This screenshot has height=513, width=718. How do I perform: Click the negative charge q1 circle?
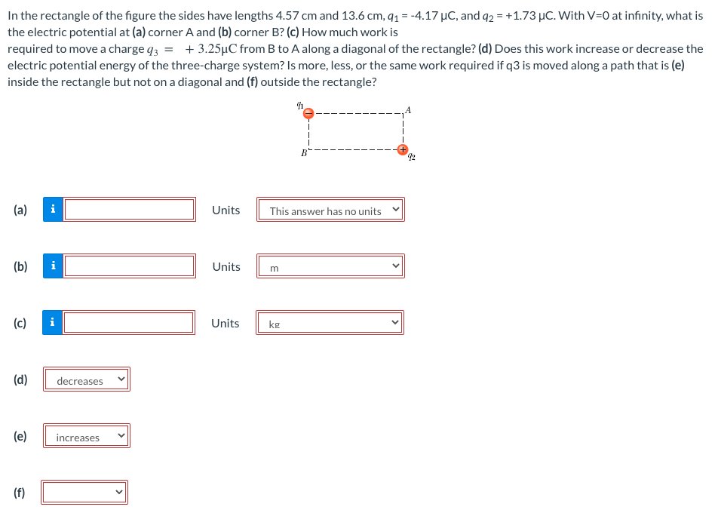[308, 113]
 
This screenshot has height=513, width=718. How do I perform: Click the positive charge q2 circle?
[403, 149]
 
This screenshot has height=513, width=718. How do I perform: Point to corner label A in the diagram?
[408, 110]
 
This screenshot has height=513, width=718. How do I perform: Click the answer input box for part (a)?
[130, 210]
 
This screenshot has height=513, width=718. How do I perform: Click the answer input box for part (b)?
[130, 266]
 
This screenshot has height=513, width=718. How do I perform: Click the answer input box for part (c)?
[129, 323]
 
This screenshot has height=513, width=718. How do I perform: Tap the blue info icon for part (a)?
[53, 210]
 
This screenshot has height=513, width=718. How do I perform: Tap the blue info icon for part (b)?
[53, 266]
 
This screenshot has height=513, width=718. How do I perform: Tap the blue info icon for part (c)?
[53, 323]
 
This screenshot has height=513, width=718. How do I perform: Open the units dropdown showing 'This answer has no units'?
[330, 210]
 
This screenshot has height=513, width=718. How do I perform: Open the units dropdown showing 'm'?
[330, 266]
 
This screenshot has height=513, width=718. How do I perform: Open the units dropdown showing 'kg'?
[330, 324]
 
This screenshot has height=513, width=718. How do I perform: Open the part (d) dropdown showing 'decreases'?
[86, 380]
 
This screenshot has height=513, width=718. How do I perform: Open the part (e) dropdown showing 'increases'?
[86, 437]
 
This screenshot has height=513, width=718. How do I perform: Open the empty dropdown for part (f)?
[84, 493]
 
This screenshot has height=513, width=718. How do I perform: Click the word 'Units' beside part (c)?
[226, 324]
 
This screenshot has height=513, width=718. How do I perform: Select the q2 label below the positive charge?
[412, 157]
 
